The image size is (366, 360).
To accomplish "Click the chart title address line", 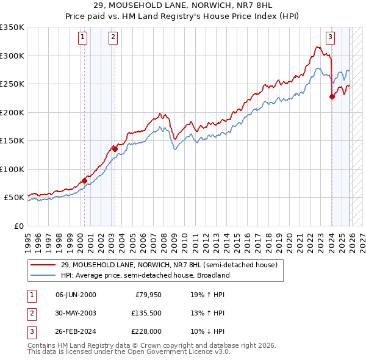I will click(182, 5).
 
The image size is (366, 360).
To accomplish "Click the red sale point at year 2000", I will click(84, 181).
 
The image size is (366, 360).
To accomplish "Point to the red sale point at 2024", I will click(332, 96).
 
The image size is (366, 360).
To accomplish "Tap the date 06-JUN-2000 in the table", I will click(76, 295).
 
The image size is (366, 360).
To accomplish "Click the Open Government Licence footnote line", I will click(129, 352).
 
